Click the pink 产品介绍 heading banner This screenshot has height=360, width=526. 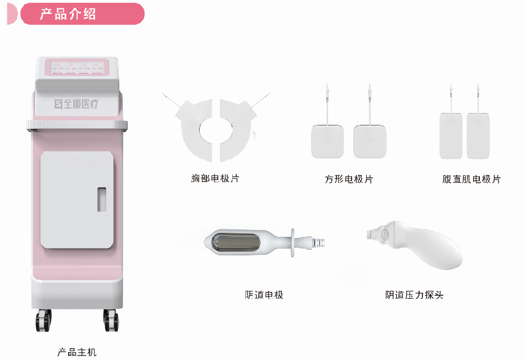pos(82,13)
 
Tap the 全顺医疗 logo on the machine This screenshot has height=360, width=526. pos(76,104)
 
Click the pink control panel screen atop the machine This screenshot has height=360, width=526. pos(77,67)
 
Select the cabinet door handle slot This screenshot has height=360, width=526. pos(102,199)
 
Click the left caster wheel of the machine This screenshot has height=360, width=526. pos(44,320)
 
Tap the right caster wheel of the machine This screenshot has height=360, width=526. pos(111,320)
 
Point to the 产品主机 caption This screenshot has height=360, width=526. pos(77,352)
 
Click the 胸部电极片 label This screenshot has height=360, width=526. pos(215,178)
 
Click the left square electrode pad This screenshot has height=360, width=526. pos(327,141)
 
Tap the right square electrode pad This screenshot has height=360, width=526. pos(370,141)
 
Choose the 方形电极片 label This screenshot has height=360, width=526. pos(349,179)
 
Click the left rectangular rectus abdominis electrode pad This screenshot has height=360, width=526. pos(451,136)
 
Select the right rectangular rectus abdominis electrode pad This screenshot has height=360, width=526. pos(478,136)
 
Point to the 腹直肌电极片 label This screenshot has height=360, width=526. pos(471,179)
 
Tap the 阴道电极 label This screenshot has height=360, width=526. pos(264,295)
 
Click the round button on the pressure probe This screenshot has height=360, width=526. pos(385,234)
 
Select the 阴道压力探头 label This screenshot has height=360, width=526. pos(414,295)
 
